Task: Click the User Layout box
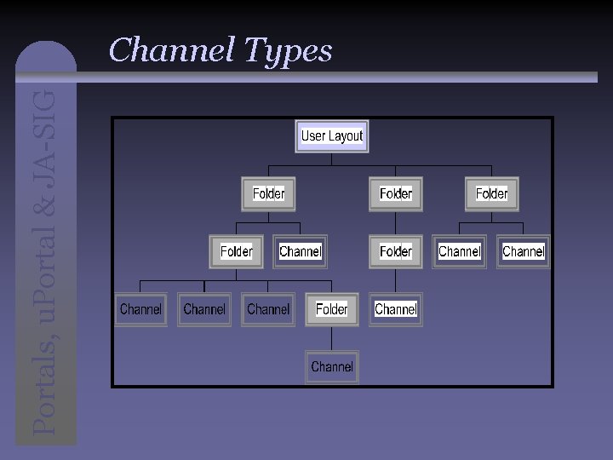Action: pyautogui.click(x=331, y=136)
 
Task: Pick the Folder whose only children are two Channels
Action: pyautogui.click(x=491, y=194)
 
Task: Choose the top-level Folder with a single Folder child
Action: pyautogui.click(x=395, y=194)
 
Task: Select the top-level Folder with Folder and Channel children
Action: pyautogui.click(x=268, y=194)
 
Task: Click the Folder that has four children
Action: pyautogui.click(x=236, y=251)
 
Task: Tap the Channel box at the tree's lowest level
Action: pyautogui.click(x=331, y=367)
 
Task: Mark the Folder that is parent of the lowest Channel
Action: pyautogui.click(x=331, y=309)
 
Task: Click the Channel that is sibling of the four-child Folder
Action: pyautogui.click(x=300, y=251)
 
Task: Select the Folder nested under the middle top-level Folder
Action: pyautogui.click(x=395, y=251)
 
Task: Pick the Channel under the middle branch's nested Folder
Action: pyautogui.click(x=395, y=309)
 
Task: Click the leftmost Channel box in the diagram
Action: pyautogui.click(x=140, y=309)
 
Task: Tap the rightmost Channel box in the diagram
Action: pyautogui.click(x=523, y=251)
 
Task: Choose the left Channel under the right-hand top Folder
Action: pyautogui.click(x=459, y=251)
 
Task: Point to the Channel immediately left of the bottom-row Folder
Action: pyautogui.click(x=268, y=309)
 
